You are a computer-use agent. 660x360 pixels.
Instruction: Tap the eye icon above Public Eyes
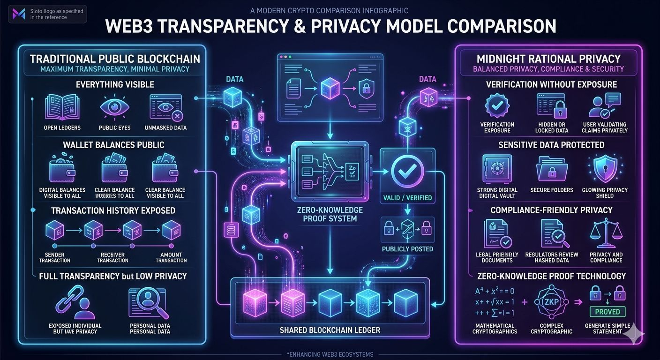114,107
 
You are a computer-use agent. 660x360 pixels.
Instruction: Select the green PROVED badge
607,312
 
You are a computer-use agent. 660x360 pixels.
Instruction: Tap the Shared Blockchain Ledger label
330,330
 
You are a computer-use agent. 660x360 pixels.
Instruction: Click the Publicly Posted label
407,249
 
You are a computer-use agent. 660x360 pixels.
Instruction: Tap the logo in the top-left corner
19,14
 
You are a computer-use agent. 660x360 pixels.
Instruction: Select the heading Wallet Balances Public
113,144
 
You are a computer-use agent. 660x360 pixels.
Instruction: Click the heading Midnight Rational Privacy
548,59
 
